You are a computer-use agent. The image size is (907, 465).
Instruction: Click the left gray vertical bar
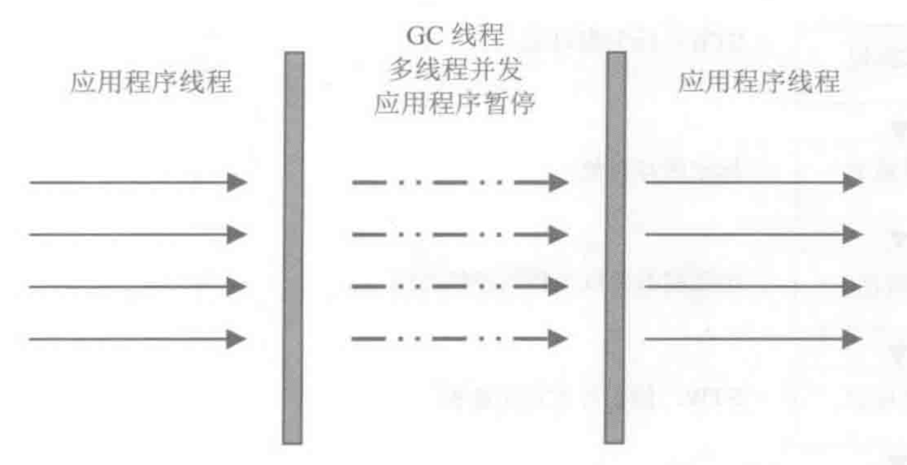click(293, 247)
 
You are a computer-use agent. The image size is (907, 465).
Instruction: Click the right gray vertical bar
click(614, 247)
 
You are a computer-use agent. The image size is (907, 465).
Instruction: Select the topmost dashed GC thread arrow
click(459, 183)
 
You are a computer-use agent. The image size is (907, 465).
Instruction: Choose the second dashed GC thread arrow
click(459, 235)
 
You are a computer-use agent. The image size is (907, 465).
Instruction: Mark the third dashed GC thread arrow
click(459, 287)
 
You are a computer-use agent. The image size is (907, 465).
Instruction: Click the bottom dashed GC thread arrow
click(459, 338)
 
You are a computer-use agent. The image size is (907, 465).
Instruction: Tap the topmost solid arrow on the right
click(753, 182)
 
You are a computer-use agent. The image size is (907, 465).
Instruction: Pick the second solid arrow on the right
click(753, 234)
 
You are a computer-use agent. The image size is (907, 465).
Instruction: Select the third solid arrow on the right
click(753, 286)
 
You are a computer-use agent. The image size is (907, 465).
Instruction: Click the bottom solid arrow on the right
click(753, 338)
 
